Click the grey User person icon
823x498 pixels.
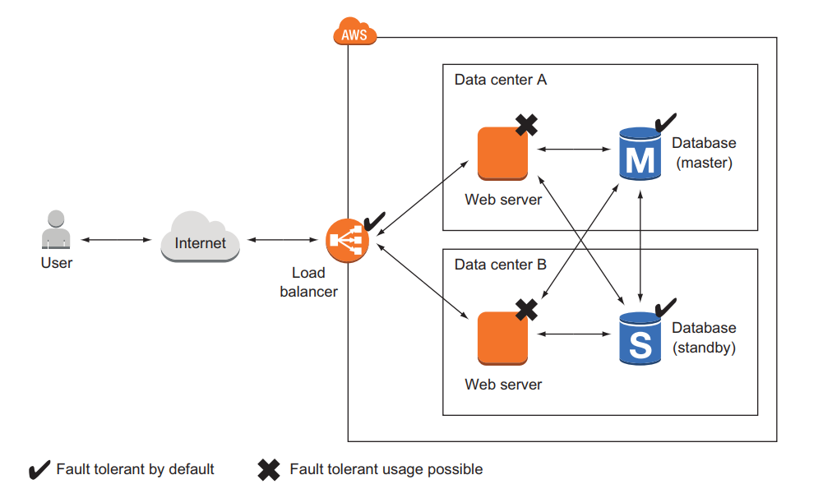point(56,230)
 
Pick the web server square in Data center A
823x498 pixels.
point(502,154)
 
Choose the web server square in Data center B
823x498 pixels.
point(502,337)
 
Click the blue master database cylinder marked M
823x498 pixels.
point(640,154)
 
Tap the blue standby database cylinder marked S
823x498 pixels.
point(640,338)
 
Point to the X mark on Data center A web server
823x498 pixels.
point(526,124)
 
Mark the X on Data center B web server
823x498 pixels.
point(526,309)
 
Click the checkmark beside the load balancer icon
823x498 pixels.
point(374,220)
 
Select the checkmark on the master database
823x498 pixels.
point(664,123)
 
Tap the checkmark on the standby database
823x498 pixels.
point(664,307)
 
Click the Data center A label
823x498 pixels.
point(500,80)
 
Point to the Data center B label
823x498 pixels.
point(500,265)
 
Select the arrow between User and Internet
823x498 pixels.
point(116,239)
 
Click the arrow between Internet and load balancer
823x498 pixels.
point(283,239)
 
